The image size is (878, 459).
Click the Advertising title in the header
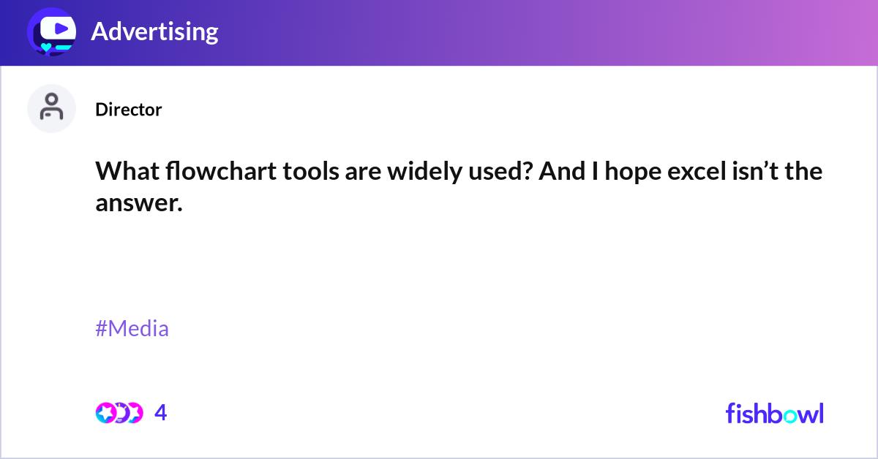(154, 31)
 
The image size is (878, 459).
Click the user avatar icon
(51, 108)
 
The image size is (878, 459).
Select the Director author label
(128, 110)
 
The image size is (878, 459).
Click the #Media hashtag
(132, 328)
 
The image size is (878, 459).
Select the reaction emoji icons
(119, 413)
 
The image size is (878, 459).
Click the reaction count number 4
(161, 413)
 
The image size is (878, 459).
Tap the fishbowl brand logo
(774, 413)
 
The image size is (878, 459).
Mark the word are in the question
(345, 172)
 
